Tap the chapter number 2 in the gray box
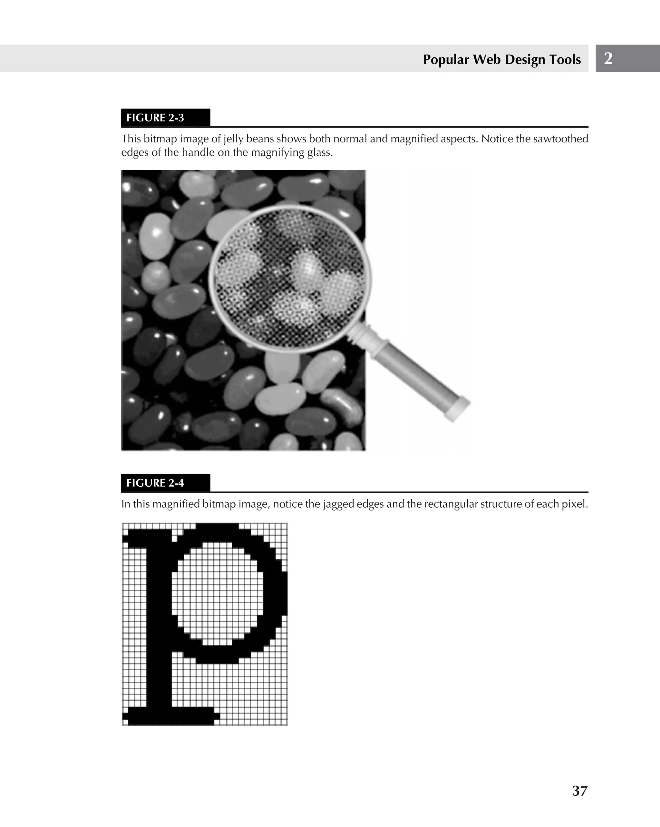point(608,58)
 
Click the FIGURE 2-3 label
point(155,118)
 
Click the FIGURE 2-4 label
point(155,483)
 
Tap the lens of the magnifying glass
point(290,278)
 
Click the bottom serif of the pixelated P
point(171,716)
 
